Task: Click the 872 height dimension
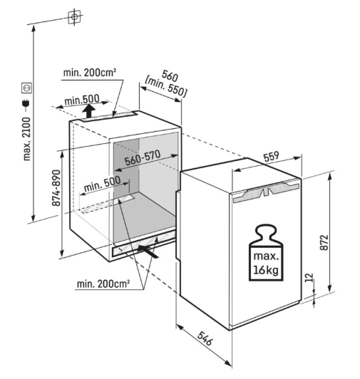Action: [x=324, y=242]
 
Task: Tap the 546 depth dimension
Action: [x=205, y=338]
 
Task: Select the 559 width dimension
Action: [x=271, y=157]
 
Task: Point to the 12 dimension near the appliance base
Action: [x=309, y=277]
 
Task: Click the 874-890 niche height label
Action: [x=56, y=188]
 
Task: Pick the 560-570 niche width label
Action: [x=143, y=157]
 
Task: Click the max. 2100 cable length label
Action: [x=27, y=139]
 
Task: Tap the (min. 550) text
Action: [x=166, y=87]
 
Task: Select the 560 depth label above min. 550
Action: [x=170, y=76]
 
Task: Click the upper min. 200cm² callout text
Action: [x=90, y=72]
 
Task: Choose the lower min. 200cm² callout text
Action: [x=103, y=284]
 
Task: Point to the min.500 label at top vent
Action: [x=82, y=100]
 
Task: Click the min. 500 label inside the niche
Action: [x=102, y=184]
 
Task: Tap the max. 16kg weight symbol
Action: [x=266, y=253]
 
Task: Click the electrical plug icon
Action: [x=26, y=104]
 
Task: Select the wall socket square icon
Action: [x=26, y=88]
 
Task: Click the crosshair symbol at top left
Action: [x=74, y=16]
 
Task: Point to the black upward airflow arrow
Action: [x=88, y=111]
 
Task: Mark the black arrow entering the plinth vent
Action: [x=148, y=251]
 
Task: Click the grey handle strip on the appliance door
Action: [x=266, y=192]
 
